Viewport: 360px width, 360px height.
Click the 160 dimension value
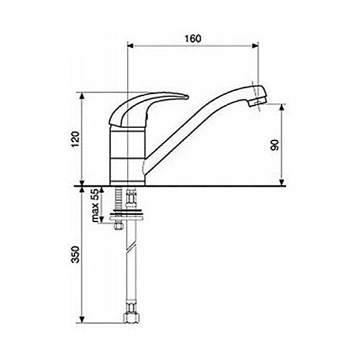[193, 38]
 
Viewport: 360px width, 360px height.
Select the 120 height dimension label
[76, 139]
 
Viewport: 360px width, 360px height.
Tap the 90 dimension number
[275, 145]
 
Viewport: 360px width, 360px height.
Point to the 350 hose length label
[76, 254]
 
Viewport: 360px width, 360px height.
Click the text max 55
[95, 205]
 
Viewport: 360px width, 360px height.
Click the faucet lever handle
[145, 108]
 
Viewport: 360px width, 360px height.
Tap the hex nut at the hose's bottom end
[131, 317]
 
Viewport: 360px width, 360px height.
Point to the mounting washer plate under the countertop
[127, 216]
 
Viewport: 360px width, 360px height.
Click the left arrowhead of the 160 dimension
[130, 46]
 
